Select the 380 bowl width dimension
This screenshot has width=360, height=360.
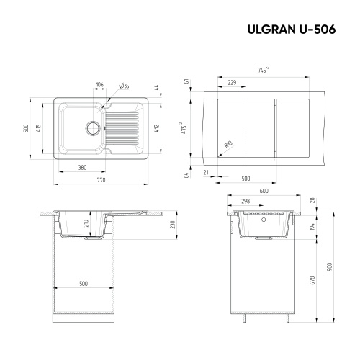click(84, 168)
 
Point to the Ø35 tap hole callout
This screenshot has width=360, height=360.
click(125, 86)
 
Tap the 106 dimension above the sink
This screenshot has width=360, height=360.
click(99, 86)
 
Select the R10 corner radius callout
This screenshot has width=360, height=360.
click(228, 145)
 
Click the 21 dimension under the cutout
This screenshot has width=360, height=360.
click(206, 173)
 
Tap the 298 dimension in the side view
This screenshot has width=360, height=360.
click(246, 202)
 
